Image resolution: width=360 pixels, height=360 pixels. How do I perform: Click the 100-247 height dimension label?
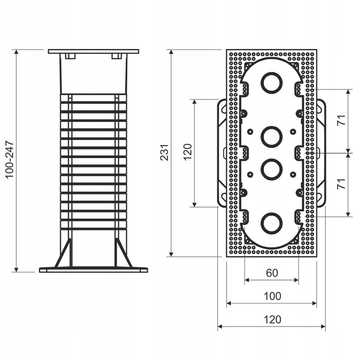(x=10, y=160)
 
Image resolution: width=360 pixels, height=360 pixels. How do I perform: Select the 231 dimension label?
(x=164, y=152)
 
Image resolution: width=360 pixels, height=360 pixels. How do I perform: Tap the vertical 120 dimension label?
(x=187, y=152)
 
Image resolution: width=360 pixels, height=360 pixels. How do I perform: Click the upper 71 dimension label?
(x=341, y=120)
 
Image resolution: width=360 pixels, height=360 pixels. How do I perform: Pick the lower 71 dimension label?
(x=341, y=183)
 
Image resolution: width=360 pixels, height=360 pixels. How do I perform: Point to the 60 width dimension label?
(x=272, y=273)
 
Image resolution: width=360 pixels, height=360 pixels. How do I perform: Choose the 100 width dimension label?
(x=272, y=296)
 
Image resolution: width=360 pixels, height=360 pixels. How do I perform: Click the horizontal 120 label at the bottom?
(x=272, y=319)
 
